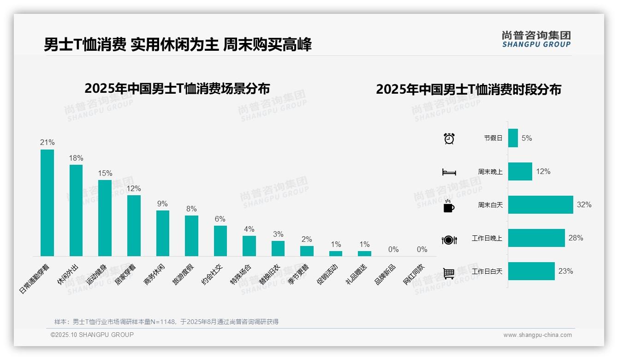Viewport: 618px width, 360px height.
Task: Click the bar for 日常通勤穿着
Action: tap(47, 203)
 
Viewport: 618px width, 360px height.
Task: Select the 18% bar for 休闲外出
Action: tap(76, 210)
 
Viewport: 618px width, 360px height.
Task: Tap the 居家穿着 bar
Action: tap(134, 226)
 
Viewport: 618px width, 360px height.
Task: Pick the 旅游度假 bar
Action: tap(191, 236)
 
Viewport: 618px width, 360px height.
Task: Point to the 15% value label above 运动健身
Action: tap(105, 174)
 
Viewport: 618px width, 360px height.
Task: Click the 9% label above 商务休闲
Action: tap(162, 204)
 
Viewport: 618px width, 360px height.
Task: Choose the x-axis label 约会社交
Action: tap(213, 274)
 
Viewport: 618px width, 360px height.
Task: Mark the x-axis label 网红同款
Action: tap(415, 274)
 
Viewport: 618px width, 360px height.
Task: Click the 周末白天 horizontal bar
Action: tap(541, 204)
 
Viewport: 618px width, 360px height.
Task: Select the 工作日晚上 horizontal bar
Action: tap(536, 238)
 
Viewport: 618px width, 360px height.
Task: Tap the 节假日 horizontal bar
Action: tap(513, 138)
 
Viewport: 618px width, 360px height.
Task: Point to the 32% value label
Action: tap(584, 205)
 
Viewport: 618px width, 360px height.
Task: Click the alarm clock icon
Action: tap(449, 138)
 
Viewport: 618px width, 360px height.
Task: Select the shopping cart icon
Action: tap(449, 273)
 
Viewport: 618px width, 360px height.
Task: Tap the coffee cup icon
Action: tap(449, 206)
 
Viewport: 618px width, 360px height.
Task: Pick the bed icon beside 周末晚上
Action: tap(449, 172)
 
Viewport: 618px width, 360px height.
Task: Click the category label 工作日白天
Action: tap(487, 271)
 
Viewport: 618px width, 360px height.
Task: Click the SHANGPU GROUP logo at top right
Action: tap(536, 39)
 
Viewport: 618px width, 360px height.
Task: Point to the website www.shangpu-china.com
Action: tap(537, 335)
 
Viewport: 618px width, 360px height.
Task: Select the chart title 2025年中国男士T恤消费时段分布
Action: tap(468, 90)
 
